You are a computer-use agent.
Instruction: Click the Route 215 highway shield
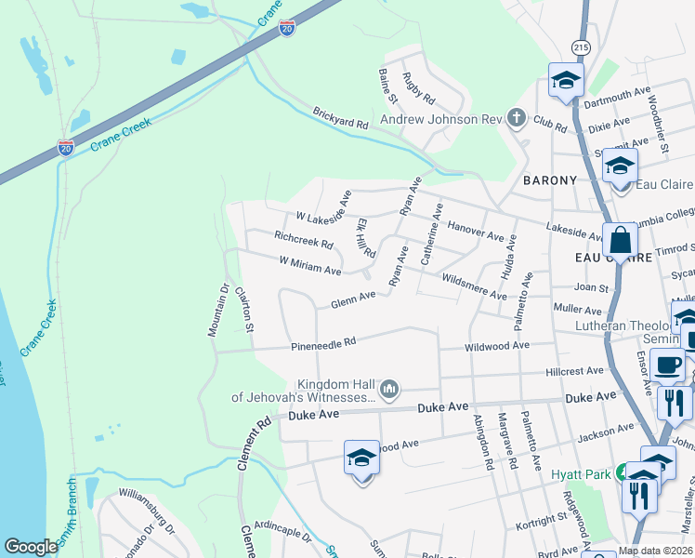[x=582, y=46]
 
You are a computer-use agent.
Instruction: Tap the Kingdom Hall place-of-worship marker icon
[x=390, y=387]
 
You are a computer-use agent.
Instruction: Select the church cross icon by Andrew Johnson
[x=517, y=118]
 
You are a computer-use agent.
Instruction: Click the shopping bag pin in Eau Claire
[x=619, y=241]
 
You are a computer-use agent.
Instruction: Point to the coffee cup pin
[x=667, y=365]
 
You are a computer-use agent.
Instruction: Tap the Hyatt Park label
[x=578, y=473]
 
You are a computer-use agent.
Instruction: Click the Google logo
[x=31, y=547]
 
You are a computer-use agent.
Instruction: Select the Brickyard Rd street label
[x=340, y=117]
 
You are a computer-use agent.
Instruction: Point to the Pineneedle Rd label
[x=323, y=343]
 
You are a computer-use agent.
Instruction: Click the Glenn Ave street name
[x=353, y=300]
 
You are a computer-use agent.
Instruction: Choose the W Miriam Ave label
[x=310, y=266]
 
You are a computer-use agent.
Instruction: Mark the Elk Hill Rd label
[x=365, y=239]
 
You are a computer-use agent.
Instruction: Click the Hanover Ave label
[x=476, y=227]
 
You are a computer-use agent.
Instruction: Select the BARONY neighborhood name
[x=549, y=179]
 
